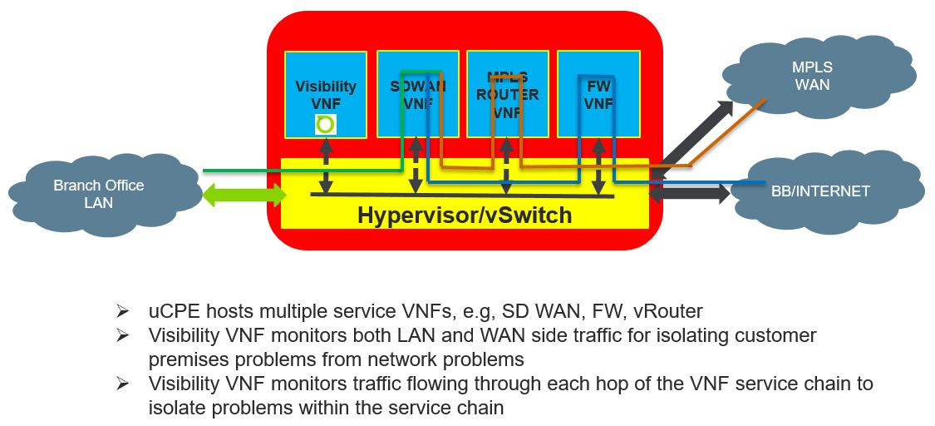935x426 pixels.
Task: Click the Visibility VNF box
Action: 325,94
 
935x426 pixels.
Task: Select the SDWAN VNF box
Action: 417,94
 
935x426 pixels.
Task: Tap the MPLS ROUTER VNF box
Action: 507,94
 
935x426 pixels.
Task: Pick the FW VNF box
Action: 598,94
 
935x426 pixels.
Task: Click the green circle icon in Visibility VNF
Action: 325,125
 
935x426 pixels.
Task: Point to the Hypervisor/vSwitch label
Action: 464,215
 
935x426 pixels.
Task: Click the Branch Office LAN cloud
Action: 98,194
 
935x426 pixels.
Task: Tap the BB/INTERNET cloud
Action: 820,191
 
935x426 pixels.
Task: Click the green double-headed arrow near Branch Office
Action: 244,196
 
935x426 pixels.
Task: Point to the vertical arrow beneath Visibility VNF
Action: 325,167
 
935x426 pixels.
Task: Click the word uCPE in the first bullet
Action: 171,312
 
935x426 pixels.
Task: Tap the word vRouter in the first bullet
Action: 667,312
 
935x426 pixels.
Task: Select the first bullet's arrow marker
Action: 122,312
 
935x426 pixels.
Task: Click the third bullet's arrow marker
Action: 122,384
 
